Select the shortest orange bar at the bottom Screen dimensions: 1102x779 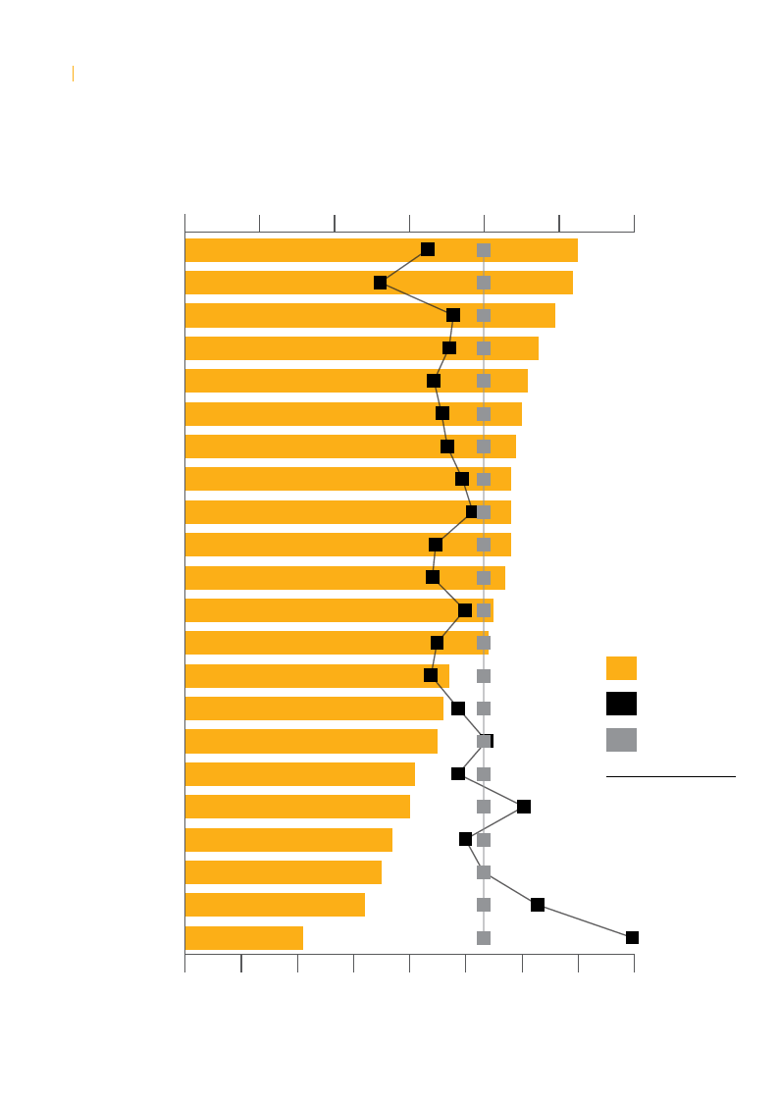(x=243, y=938)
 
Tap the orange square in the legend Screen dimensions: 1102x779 (x=621, y=668)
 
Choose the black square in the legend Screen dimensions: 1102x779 (x=621, y=704)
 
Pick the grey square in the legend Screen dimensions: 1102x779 (x=621, y=740)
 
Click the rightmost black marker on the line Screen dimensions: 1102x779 (x=632, y=938)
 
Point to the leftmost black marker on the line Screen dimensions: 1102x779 (x=380, y=283)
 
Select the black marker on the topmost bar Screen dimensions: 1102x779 (x=428, y=249)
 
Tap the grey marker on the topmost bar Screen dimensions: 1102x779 (x=484, y=250)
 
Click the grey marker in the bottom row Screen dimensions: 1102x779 (x=484, y=938)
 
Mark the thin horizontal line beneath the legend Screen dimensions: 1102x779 (x=670, y=777)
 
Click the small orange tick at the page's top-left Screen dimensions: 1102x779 (x=73, y=74)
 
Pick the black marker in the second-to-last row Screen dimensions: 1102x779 (x=538, y=905)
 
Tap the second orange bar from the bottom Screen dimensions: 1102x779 (x=275, y=905)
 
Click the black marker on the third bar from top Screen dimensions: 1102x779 (x=453, y=315)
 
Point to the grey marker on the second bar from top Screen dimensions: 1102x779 (x=484, y=283)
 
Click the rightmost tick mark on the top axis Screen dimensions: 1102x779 (x=634, y=223)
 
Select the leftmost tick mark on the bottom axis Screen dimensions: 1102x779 (x=185, y=963)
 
